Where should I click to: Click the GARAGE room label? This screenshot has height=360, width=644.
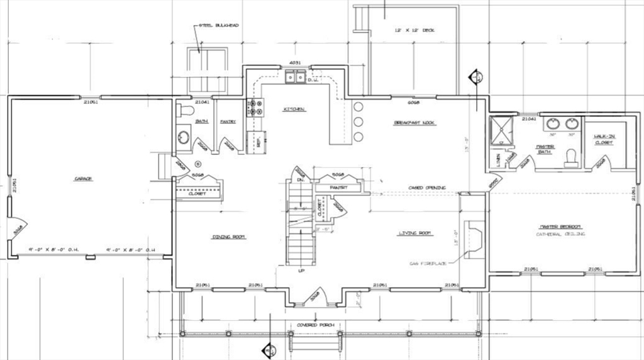coord(84,179)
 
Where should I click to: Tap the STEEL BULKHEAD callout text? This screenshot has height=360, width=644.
coord(218,26)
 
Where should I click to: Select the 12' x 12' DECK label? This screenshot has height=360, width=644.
coord(414,30)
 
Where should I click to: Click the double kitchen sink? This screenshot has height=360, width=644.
coord(295,77)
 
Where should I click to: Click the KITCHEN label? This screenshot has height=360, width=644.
coord(294,110)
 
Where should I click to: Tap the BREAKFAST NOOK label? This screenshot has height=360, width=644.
coord(414,123)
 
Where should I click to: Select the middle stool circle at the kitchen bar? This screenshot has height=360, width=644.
coord(359,122)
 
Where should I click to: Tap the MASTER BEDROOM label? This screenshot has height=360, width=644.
coord(559,227)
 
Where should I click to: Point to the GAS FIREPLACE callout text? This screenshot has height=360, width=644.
coord(428,263)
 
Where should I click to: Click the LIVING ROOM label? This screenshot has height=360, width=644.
coord(414,234)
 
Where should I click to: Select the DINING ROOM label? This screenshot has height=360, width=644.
coord(228,237)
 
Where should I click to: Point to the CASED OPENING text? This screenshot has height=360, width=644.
coord(426,188)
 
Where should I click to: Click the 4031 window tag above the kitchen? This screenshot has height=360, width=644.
coord(295,63)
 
